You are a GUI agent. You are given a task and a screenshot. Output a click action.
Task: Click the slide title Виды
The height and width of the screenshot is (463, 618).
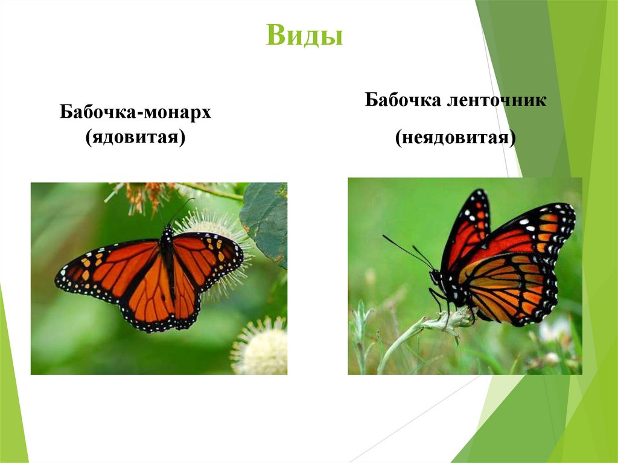point(304,36)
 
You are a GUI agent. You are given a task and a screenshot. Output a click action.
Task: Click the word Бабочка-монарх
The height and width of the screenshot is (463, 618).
point(135,113)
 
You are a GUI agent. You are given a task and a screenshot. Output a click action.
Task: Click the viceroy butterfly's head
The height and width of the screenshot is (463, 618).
point(436,278)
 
